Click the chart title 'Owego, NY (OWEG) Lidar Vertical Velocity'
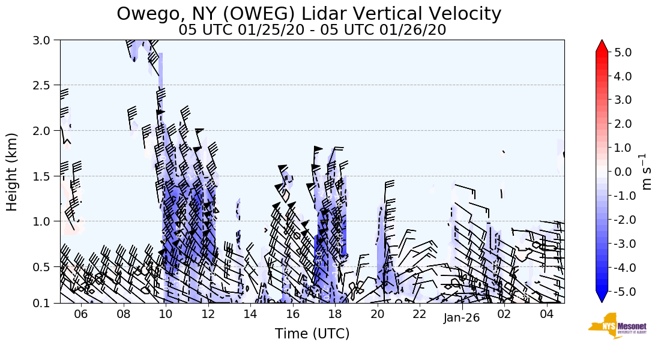(x=309, y=13)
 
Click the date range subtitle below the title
(x=312, y=30)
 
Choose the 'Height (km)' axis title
(x=12, y=172)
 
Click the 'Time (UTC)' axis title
(x=312, y=334)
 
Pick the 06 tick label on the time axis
(x=81, y=315)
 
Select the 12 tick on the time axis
(x=208, y=315)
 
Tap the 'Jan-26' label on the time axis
(x=462, y=318)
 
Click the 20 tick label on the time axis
(x=377, y=315)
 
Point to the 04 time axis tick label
(x=546, y=315)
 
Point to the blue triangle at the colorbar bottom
(x=602, y=297)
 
